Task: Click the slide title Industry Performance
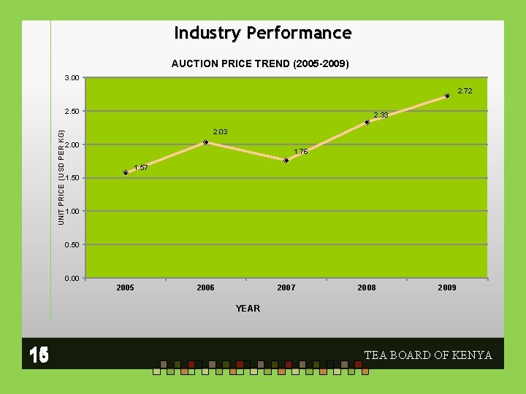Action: click(x=263, y=34)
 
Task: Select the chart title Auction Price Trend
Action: click(x=260, y=63)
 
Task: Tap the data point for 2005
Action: click(x=126, y=173)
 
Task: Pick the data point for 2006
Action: click(x=206, y=142)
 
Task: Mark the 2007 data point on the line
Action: click(x=286, y=161)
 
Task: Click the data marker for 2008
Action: click(x=367, y=123)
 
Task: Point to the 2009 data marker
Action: click(x=447, y=96)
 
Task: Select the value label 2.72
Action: click(x=465, y=91)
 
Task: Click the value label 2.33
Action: click(x=381, y=115)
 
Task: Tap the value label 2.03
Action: click(x=220, y=132)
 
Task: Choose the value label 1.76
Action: click(x=300, y=152)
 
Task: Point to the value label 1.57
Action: click(x=140, y=168)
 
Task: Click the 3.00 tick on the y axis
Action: click(x=72, y=77)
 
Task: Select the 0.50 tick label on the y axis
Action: click(x=72, y=244)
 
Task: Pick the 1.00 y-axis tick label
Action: click(x=72, y=212)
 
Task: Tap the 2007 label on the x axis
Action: click(x=286, y=288)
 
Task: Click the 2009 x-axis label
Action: click(x=447, y=288)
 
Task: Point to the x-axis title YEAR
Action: click(x=248, y=309)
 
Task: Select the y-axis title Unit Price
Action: click(x=61, y=177)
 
